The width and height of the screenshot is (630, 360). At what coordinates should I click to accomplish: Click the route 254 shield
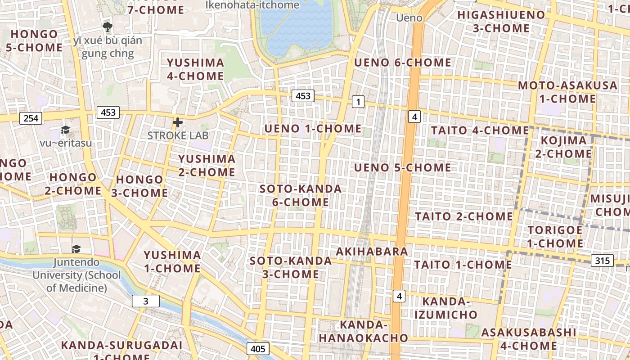click(31, 118)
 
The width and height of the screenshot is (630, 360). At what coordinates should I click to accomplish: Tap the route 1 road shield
click(358, 102)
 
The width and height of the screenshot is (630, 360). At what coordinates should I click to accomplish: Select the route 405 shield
click(258, 349)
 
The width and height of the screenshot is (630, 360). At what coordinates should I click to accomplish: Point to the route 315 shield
click(602, 260)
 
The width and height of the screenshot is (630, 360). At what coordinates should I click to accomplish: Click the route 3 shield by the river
click(146, 301)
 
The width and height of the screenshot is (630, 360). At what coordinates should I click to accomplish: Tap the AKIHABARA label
click(372, 251)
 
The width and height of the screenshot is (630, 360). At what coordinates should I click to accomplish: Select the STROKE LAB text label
click(178, 135)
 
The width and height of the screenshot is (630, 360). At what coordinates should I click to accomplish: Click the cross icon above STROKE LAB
click(178, 122)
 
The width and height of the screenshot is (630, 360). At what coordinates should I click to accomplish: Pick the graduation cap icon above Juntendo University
click(76, 249)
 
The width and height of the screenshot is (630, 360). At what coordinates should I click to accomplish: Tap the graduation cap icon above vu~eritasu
click(66, 130)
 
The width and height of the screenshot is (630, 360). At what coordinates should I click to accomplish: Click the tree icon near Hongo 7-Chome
click(107, 27)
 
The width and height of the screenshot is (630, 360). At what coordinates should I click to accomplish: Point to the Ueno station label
click(409, 18)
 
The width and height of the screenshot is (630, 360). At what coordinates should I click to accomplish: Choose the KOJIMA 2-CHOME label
click(563, 147)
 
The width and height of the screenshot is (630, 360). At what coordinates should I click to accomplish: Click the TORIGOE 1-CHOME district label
click(555, 237)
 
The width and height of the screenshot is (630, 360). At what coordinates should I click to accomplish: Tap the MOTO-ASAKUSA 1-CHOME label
click(568, 92)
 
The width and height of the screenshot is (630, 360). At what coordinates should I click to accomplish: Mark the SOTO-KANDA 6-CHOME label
click(301, 195)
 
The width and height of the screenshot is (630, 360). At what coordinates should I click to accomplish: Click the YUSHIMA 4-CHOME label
click(195, 69)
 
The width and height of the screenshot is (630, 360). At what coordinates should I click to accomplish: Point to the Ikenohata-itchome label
click(252, 5)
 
